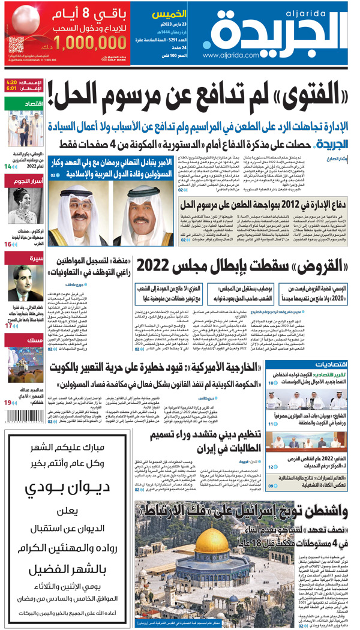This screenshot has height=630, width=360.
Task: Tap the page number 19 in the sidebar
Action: [x=8, y=419]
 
